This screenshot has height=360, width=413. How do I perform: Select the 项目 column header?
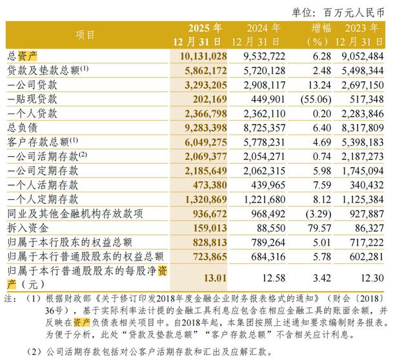pyautogui.click(x=85, y=35)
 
